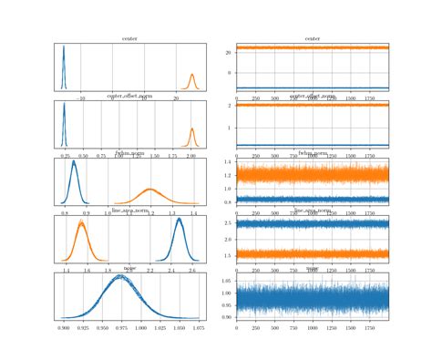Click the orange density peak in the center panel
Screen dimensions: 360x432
tap(192, 75)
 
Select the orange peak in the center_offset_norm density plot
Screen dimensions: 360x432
tap(191, 129)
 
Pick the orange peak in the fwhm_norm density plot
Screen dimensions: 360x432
tap(150, 189)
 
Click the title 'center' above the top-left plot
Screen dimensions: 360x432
tap(129, 38)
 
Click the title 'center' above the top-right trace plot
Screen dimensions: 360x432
tap(313, 38)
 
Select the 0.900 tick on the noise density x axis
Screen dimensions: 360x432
tap(64, 325)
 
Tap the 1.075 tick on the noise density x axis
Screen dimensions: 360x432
tap(198, 325)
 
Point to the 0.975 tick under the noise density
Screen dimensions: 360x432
tap(121, 325)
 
